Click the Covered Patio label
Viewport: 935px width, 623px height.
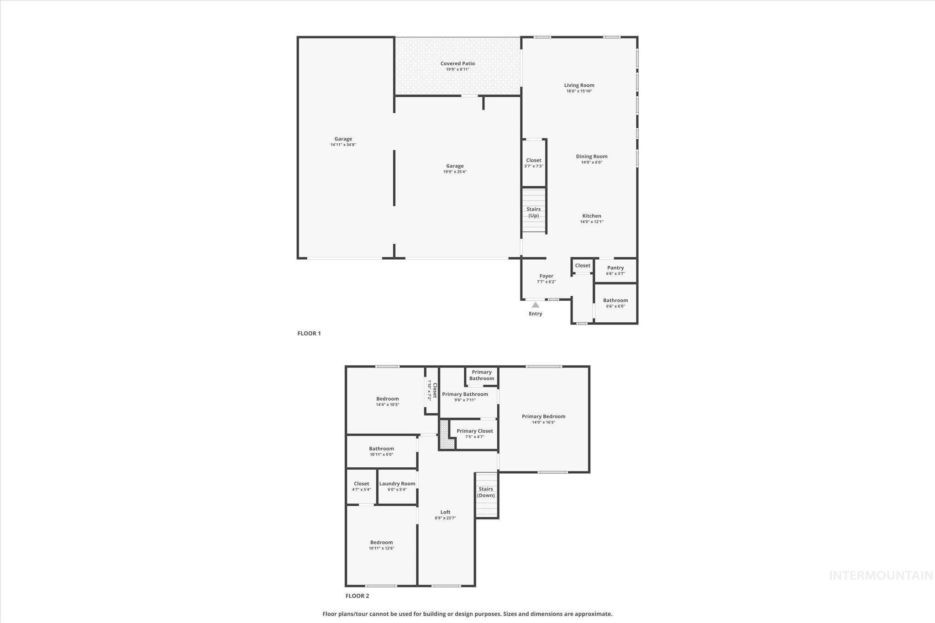pos(457,63)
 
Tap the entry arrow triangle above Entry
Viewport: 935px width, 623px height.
pos(535,305)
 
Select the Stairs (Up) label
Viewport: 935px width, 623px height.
pos(533,212)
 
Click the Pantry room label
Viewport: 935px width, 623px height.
pos(615,268)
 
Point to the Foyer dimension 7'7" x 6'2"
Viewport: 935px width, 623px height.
pos(546,282)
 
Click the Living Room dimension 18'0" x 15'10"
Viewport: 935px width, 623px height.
pos(579,91)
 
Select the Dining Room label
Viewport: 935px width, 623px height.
pos(591,157)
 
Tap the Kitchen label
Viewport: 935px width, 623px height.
pos(591,216)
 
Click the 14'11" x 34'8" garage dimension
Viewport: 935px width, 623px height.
pos(343,145)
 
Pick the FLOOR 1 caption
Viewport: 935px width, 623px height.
pos(309,334)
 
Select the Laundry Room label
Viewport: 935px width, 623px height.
pos(397,484)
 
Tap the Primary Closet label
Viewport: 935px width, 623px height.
pos(474,431)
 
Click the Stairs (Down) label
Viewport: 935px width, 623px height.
pos(486,492)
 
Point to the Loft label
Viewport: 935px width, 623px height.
pos(445,512)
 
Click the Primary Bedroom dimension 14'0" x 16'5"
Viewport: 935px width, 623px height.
pos(543,423)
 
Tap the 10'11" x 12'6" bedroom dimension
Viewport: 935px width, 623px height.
pos(381,549)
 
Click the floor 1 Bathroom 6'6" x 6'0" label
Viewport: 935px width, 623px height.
pos(615,300)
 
